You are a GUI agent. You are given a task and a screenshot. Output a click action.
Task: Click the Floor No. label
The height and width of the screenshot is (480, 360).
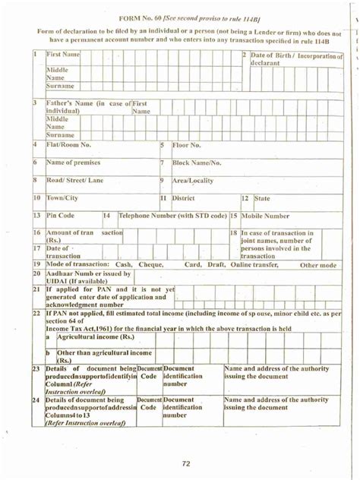186,144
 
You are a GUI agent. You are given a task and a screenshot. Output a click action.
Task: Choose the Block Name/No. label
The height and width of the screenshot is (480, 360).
197,163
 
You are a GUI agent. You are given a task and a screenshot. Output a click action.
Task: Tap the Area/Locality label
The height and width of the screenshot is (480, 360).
192,181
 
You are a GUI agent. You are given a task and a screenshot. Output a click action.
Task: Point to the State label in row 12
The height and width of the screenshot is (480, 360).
262,198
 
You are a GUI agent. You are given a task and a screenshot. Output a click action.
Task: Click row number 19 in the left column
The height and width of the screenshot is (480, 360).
36,264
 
